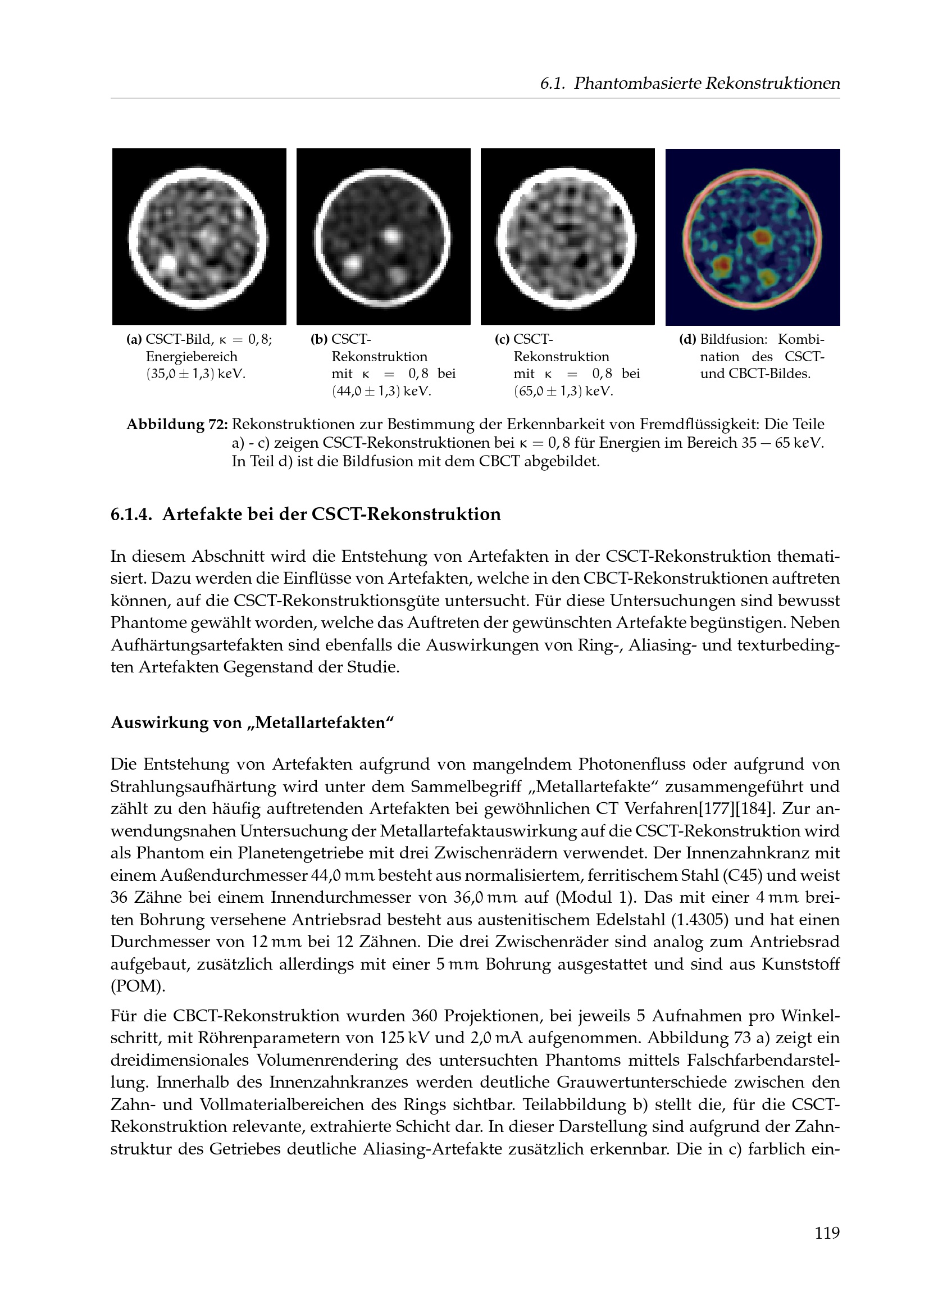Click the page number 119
tap(827, 1248)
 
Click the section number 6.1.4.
tap(131, 515)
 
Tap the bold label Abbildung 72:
tap(177, 425)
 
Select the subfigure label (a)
tap(134, 340)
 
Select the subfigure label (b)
tap(318, 340)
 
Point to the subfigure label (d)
tap(687, 340)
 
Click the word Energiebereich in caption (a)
tap(191, 357)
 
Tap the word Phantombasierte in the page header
tap(637, 84)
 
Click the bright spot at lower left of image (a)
tap(168, 262)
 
